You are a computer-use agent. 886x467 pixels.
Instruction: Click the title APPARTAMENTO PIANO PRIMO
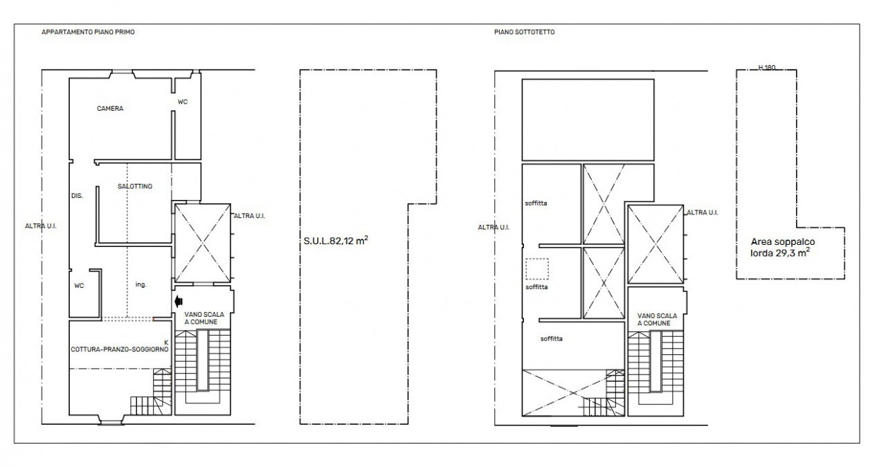88,32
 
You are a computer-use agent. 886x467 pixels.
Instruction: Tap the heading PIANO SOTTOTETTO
524,32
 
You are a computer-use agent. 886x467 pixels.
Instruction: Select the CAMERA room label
110,109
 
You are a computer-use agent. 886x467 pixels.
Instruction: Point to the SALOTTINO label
135,186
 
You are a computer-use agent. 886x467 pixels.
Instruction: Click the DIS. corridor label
77,196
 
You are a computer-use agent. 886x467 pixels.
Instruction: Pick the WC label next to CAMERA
182,102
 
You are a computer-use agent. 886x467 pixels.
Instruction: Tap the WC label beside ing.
79,286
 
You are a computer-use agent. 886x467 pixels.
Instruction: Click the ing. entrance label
141,284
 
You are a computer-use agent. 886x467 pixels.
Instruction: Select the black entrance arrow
179,302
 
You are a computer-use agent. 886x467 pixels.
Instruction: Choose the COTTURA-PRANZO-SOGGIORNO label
120,349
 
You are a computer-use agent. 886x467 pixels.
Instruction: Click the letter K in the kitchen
166,342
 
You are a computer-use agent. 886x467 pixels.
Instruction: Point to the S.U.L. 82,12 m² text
336,241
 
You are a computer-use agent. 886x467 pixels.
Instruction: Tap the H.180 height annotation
767,68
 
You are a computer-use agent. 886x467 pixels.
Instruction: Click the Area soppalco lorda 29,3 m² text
780,248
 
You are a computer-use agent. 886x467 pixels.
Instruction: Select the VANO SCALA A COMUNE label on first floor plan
204,318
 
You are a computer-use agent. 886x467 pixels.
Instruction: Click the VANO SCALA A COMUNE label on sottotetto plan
657,320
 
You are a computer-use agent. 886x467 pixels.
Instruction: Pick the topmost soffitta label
536,203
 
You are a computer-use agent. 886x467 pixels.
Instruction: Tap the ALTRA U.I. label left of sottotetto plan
494,228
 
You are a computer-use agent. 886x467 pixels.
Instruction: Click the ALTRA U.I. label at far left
41,226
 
